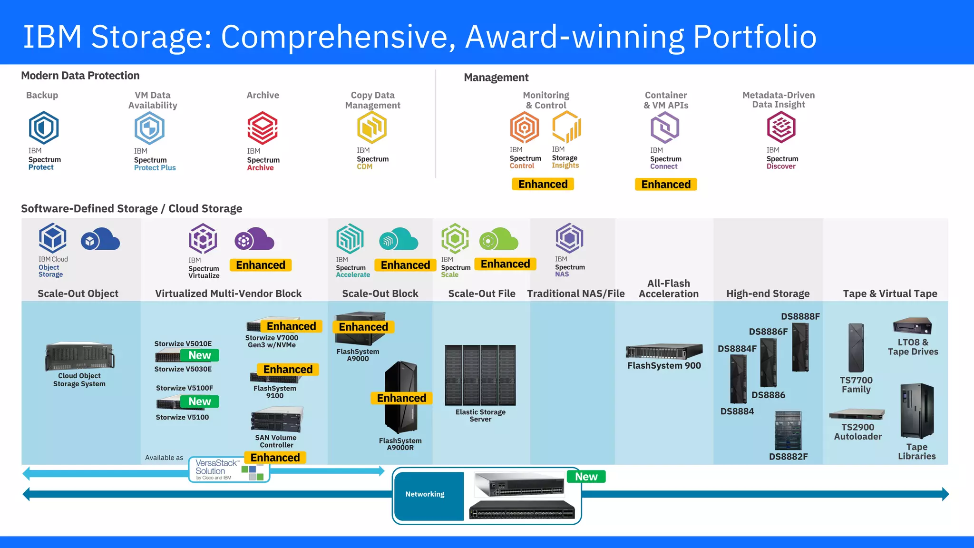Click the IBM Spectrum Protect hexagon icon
(x=44, y=127)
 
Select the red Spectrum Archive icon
(x=263, y=128)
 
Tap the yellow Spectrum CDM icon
(x=372, y=127)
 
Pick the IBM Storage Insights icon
(x=567, y=127)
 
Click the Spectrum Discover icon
(x=781, y=127)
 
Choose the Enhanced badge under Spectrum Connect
(x=666, y=185)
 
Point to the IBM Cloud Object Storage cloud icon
(x=100, y=239)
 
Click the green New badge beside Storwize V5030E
(x=200, y=355)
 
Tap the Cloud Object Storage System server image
(x=80, y=356)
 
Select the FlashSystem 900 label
(x=664, y=366)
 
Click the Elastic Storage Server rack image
(x=480, y=375)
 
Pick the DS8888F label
(x=800, y=316)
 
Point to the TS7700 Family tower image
(x=856, y=348)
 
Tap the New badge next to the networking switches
(x=586, y=477)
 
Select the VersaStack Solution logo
(x=229, y=470)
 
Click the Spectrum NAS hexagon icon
(x=569, y=238)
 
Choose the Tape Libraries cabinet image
(x=917, y=411)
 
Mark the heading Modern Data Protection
(x=80, y=76)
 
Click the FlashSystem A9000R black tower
(x=401, y=397)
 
